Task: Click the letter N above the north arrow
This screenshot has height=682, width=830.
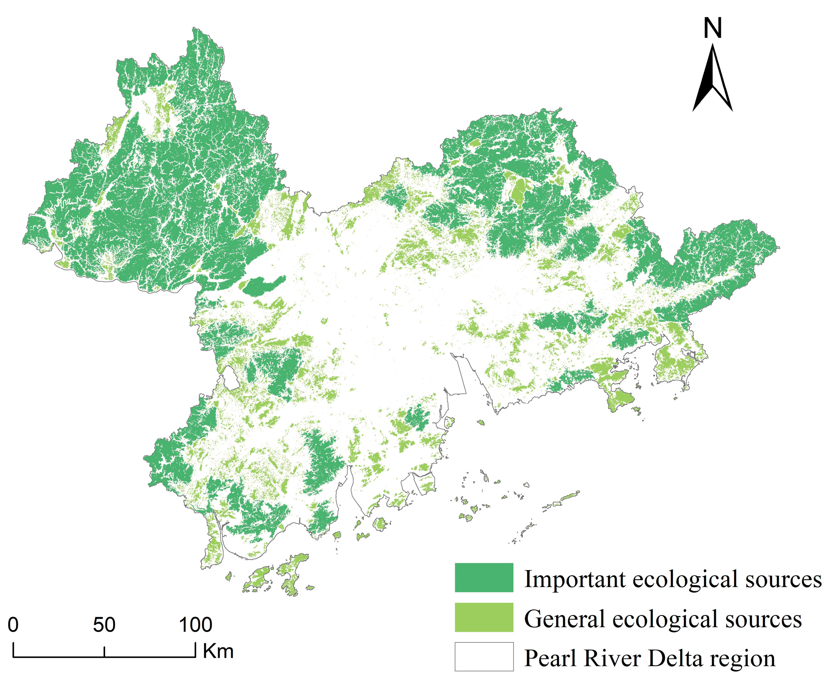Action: (x=712, y=28)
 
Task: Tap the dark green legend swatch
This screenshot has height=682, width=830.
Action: (x=484, y=578)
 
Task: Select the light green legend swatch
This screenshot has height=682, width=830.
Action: (x=484, y=618)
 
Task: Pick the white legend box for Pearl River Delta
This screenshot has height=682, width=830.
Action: (x=484, y=657)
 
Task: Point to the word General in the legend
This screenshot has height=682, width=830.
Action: (x=564, y=619)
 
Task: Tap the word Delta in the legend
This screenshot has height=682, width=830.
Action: (x=675, y=658)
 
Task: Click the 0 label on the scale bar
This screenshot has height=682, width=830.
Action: (x=13, y=624)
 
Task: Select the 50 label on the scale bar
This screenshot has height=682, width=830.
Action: (x=104, y=624)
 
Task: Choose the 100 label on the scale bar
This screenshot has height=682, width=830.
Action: (x=195, y=624)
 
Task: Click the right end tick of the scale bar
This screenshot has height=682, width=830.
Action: (x=195, y=650)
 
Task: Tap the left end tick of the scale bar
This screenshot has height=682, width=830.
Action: (x=14, y=650)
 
